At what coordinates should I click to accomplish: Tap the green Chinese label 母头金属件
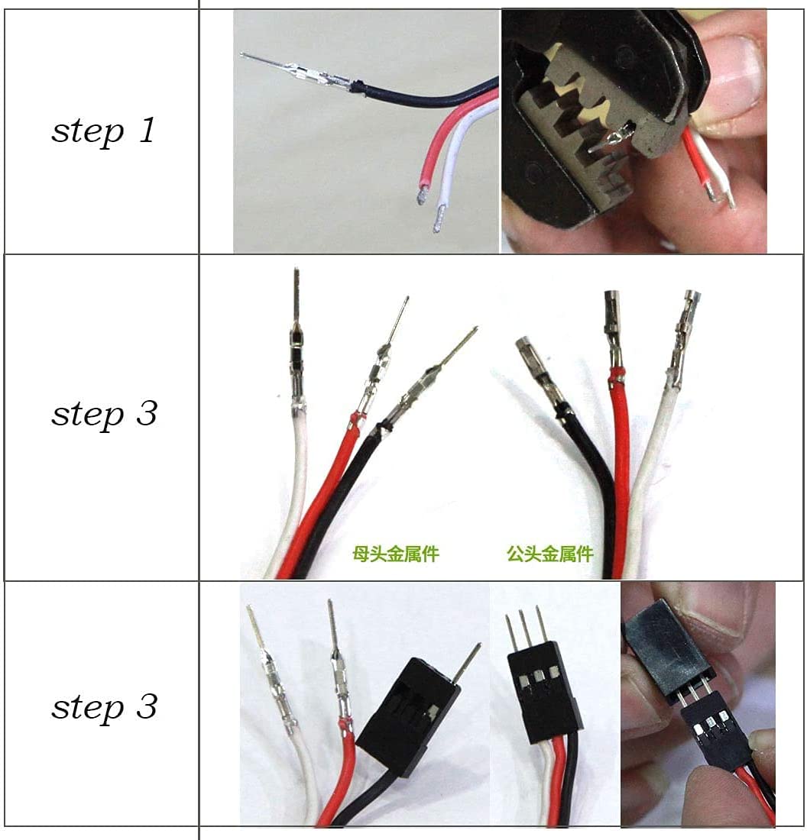pyautogui.click(x=395, y=553)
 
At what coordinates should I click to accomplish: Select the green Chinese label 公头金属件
pyautogui.click(x=549, y=553)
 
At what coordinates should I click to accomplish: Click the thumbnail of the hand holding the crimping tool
pyautogui.click(x=634, y=131)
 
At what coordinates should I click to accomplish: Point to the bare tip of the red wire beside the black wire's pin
pyautogui.click(x=421, y=197)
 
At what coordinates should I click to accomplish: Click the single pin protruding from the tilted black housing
pyautogui.click(x=468, y=661)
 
